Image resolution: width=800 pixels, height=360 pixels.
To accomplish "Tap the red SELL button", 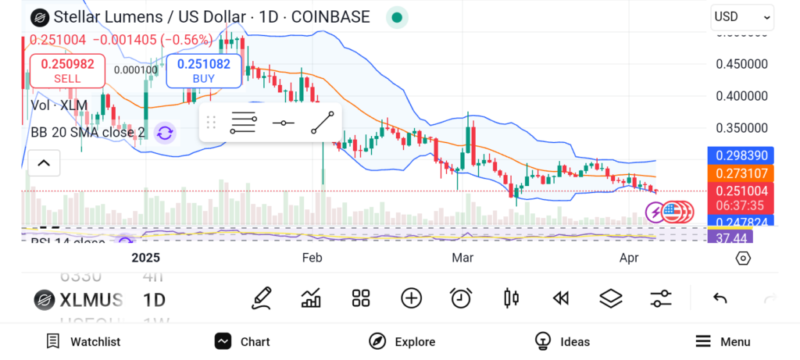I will click(67, 70).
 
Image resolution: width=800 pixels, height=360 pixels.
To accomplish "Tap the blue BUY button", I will click(204, 70).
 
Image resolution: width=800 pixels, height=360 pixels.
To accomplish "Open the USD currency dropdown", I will click(742, 16).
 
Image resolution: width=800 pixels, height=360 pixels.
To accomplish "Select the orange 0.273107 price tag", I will click(739, 173).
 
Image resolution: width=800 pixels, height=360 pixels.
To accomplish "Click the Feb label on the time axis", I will click(312, 257).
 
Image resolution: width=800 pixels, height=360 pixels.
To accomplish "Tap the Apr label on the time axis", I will click(629, 257).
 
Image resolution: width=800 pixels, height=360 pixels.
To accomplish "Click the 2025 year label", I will click(145, 257).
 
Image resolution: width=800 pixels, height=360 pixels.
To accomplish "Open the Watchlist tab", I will click(84, 341).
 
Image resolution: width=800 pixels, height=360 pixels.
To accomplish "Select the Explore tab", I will click(402, 341).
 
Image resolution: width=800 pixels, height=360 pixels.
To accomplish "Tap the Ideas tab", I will click(562, 341).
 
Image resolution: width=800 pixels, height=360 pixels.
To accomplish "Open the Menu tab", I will click(723, 341).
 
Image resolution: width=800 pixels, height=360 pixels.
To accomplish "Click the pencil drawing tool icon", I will click(262, 298).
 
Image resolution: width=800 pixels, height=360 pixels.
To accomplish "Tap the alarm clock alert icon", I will click(461, 298).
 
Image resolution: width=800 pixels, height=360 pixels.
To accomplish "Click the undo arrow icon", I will click(720, 298).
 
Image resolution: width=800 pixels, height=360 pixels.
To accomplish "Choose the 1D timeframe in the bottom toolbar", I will click(154, 299).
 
